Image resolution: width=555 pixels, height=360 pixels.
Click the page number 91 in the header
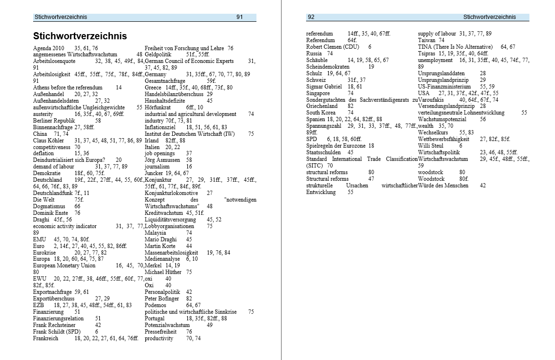pyautogui.click(x=239, y=17)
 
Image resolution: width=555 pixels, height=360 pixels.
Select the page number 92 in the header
pyautogui.click(x=311, y=17)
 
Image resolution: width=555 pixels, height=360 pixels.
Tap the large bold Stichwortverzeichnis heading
pyautogui.click(x=80, y=36)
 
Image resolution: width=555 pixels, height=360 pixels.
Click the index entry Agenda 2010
pyautogui.click(x=48, y=48)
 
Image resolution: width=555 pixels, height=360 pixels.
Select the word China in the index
pyautogui.click(x=40, y=134)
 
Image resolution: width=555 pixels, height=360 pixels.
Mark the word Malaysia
pyautogui.click(x=155, y=233)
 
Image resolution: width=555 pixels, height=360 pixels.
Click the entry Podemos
pyautogui.click(x=155, y=305)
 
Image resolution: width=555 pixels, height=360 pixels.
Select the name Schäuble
pyautogui.click(x=317, y=60)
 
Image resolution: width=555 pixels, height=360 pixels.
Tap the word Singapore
pyautogui.click(x=318, y=93)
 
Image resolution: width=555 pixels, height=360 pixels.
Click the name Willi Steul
pyautogui.click(x=431, y=146)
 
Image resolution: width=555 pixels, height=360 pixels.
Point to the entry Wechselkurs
pyautogui.click(x=433, y=133)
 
